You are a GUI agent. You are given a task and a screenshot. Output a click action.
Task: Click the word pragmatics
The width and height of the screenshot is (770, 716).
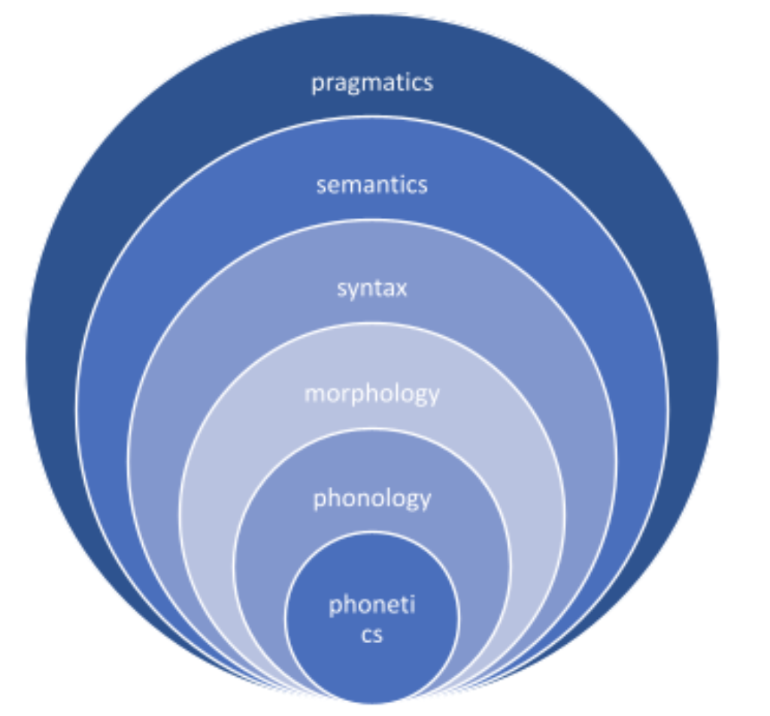(372, 82)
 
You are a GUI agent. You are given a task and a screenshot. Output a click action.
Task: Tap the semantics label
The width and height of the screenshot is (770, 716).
(371, 185)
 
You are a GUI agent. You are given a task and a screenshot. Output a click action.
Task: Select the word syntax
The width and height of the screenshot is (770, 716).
(371, 288)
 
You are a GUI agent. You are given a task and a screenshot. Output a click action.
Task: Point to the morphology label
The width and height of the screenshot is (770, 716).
(371, 393)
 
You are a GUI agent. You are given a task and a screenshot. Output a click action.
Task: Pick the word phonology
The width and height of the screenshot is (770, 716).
(371, 498)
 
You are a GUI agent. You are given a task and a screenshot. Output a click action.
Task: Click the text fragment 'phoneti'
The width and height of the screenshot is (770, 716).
(371, 606)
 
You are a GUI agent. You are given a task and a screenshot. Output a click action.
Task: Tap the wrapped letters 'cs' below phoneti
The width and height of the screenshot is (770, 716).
(371, 635)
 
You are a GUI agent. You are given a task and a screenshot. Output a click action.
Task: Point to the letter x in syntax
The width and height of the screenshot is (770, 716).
(400, 288)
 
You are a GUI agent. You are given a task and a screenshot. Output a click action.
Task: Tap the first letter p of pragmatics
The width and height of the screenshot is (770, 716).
(317, 83)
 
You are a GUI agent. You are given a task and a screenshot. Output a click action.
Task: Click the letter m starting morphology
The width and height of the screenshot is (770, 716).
(313, 393)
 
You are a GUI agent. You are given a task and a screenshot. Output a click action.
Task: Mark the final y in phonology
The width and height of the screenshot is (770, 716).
(425, 500)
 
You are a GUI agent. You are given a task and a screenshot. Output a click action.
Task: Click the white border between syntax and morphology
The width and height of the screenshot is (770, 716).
(371, 324)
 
